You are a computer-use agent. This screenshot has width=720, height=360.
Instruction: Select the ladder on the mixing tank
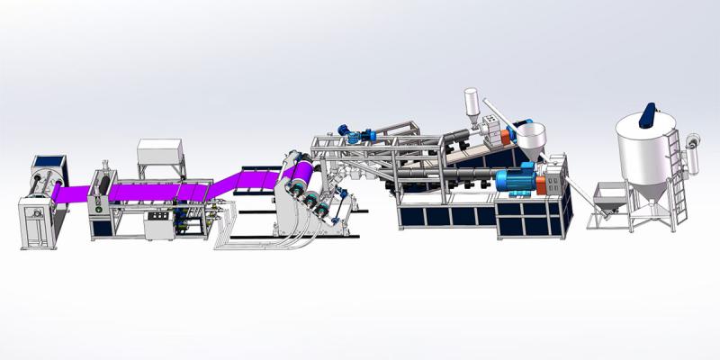pyautogui.click(x=671, y=171)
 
